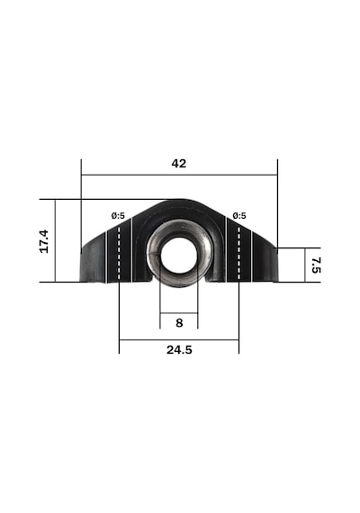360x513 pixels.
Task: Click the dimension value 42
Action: [x=179, y=163]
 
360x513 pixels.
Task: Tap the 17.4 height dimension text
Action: [x=44, y=241]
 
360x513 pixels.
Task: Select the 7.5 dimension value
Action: [x=316, y=265]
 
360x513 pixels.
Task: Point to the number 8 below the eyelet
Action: [x=179, y=323]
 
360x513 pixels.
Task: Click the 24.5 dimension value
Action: [x=179, y=350]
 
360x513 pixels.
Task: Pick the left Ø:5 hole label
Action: [x=118, y=216]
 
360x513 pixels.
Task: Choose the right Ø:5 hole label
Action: [x=239, y=216]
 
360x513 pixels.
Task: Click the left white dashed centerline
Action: [x=119, y=254]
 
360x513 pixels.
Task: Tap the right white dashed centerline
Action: [x=238, y=254]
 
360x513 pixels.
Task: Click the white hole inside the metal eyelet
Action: [x=179, y=255]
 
